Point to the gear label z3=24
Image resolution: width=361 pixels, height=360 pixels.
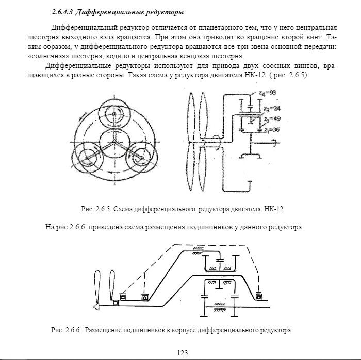(271, 109)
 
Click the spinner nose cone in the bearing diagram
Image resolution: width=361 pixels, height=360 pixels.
(96, 306)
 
